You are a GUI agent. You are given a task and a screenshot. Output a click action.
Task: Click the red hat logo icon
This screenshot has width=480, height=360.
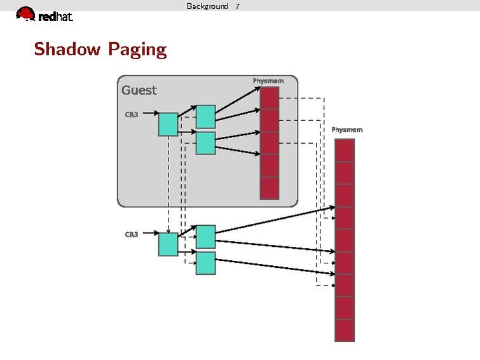[25, 14]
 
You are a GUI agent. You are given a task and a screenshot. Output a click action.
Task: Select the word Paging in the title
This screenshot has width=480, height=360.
[137, 50]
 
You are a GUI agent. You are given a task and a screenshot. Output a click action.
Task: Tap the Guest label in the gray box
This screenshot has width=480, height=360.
[139, 90]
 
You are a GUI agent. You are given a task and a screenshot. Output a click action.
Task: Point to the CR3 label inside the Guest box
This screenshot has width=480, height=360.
[132, 114]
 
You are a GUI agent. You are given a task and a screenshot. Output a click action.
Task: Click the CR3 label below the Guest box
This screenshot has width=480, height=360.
[132, 235]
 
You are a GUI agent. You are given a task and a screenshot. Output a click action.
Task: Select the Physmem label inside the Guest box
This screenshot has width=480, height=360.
[268, 81]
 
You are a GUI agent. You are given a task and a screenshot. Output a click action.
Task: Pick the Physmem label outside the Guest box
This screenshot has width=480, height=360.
[347, 130]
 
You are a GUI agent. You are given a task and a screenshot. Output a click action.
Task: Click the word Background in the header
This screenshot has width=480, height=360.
[207, 6]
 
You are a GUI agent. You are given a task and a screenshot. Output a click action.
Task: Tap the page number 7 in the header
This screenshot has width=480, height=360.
[238, 6]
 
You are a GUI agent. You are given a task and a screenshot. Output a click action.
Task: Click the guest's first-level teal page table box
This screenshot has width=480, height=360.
[168, 125]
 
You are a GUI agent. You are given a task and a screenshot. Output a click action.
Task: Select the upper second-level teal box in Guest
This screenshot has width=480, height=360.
[205, 117]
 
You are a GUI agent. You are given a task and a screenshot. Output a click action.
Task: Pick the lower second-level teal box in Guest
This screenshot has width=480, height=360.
[205, 143]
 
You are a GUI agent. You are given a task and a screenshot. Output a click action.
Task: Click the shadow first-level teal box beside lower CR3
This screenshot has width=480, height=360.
[168, 244]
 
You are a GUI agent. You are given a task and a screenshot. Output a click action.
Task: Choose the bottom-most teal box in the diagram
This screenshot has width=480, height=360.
[205, 263]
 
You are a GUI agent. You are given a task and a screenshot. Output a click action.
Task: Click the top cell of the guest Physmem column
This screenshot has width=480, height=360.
[270, 98]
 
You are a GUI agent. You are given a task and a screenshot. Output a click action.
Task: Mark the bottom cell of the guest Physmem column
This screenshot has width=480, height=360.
[270, 188]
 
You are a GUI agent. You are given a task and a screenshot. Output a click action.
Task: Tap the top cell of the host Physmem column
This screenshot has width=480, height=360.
[344, 150]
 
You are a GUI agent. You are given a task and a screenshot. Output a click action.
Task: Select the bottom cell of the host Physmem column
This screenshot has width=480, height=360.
[344, 330]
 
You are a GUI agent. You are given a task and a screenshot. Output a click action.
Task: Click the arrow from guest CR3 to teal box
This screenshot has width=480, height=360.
[148, 114]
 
